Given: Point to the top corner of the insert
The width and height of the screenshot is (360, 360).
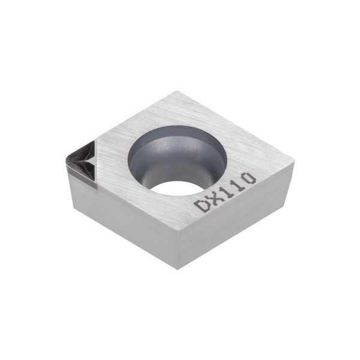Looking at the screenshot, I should (175, 92).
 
